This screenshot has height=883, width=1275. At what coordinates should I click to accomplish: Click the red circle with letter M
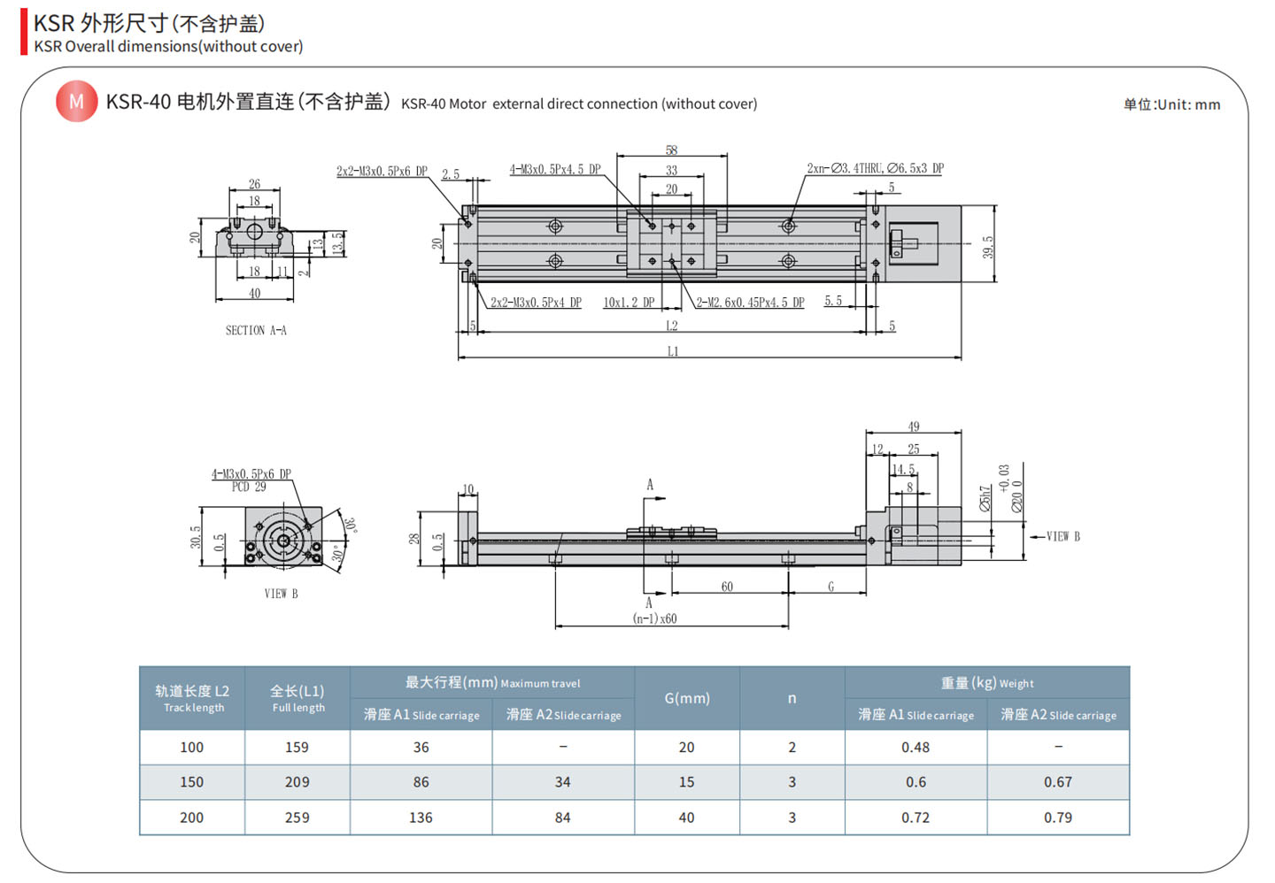pos(76,102)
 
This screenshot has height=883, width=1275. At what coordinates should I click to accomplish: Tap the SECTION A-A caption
pos(256,330)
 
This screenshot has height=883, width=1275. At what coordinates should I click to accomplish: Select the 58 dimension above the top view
pos(672,150)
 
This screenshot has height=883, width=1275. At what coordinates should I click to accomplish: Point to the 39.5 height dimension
pos(988,247)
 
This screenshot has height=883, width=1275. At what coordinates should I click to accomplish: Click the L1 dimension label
pos(673,351)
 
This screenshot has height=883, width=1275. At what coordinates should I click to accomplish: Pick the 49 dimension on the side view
pos(914,426)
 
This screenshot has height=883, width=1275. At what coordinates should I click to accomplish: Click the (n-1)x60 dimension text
pos(654,618)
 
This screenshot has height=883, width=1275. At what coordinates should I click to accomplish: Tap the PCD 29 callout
pos(249,487)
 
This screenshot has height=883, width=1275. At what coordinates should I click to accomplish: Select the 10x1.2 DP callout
pos(629,303)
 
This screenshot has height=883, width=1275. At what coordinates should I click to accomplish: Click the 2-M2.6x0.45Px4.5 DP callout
pos(750,303)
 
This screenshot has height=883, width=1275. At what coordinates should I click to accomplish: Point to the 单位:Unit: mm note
pos(1171,104)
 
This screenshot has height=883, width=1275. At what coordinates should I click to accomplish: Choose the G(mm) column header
pos(687,698)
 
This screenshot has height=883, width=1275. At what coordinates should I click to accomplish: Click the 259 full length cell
pos(297,818)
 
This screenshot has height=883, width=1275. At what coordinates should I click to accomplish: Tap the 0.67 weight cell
pos(1058,782)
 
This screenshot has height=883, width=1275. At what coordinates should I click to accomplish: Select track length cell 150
pos(192,782)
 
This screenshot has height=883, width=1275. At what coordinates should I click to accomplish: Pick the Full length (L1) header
pos(297,698)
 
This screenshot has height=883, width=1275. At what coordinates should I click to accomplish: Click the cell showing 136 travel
pos(421,818)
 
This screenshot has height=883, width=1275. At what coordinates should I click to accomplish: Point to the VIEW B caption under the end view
pos(281,594)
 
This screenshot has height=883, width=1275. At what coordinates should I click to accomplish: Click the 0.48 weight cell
pos(916,748)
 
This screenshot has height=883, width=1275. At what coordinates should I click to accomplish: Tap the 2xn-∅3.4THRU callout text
pos(875,168)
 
